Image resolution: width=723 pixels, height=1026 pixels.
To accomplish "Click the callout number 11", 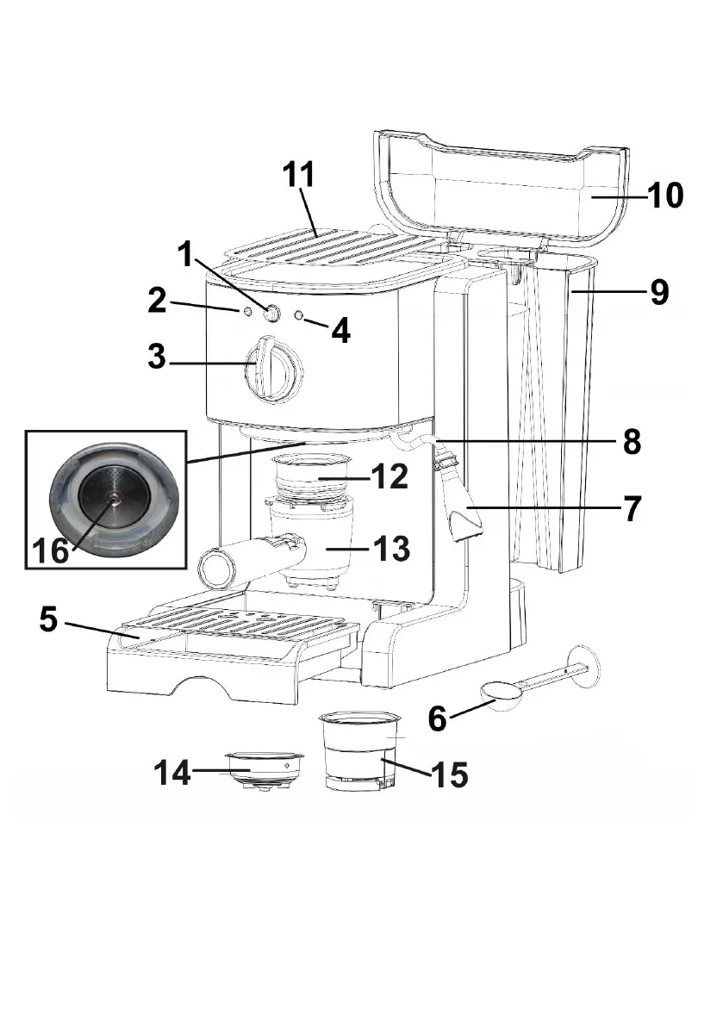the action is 298,175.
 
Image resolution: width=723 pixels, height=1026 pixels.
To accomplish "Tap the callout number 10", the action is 665,195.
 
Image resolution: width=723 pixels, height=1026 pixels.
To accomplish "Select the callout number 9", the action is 660,292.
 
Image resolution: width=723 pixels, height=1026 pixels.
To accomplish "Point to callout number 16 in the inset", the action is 50,550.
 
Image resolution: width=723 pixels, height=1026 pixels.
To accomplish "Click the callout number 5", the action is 49,619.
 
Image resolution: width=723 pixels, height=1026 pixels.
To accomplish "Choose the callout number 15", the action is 450,774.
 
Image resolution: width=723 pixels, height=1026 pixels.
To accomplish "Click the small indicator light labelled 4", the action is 300,315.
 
